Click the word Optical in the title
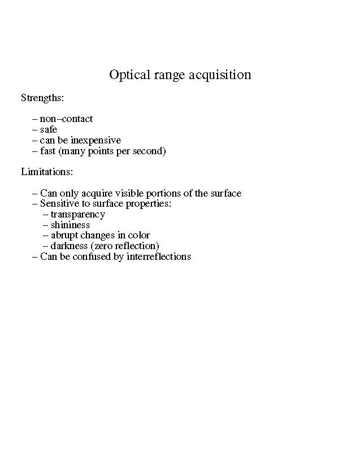click(x=130, y=75)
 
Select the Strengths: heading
click(x=42, y=98)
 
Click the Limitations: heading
click(x=47, y=171)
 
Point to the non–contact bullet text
click(x=66, y=119)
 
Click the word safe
click(x=49, y=130)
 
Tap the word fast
click(x=47, y=151)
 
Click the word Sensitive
click(x=58, y=204)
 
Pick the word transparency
click(x=78, y=215)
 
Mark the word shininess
click(x=70, y=225)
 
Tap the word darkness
click(x=69, y=246)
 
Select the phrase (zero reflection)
click(x=125, y=246)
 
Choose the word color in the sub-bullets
click(x=139, y=236)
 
